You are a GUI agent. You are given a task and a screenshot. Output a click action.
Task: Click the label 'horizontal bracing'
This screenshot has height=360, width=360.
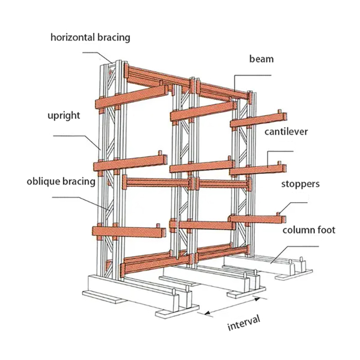point(90,38)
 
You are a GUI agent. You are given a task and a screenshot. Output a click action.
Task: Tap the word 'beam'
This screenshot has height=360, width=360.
point(261,59)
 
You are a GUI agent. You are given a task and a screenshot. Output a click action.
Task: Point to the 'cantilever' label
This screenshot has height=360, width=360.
point(286,132)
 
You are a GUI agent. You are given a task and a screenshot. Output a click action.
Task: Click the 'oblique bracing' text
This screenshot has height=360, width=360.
point(61,181)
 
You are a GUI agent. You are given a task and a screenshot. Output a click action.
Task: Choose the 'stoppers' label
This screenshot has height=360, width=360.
point(301,184)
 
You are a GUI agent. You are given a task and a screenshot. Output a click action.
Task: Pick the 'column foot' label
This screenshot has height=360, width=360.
point(309,229)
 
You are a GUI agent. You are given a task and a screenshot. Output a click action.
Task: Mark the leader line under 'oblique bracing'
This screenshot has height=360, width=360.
point(77,196)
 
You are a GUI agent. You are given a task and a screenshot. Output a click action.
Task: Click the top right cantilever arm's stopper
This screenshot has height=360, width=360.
point(279,113)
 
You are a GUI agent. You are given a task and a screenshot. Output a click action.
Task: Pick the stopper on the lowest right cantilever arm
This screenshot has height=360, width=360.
point(278,213)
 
